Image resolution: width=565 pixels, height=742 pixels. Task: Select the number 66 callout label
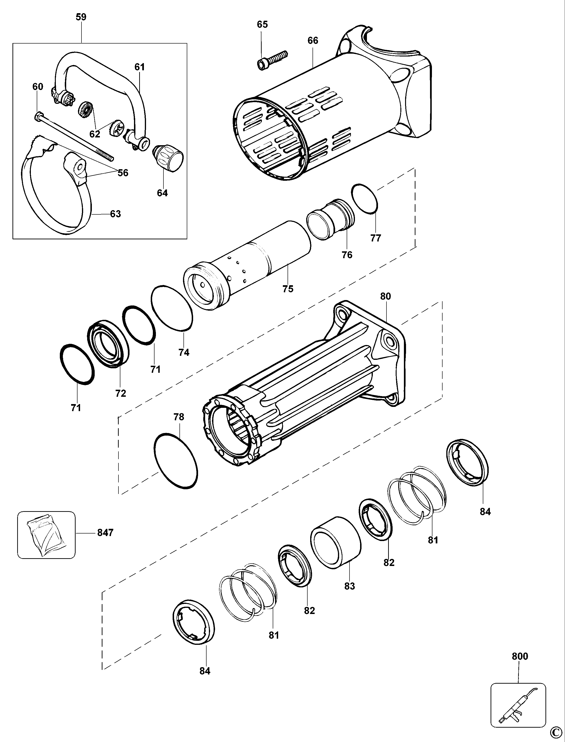(x=313, y=41)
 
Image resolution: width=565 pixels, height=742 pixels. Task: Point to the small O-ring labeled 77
(x=365, y=198)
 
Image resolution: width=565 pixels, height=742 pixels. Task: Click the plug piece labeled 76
(x=330, y=219)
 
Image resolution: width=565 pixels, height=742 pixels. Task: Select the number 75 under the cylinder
(x=288, y=289)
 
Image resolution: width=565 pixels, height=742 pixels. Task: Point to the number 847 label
(x=105, y=533)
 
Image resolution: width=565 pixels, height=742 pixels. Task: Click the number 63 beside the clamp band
(x=115, y=214)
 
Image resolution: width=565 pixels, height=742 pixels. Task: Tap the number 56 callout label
(x=123, y=173)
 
